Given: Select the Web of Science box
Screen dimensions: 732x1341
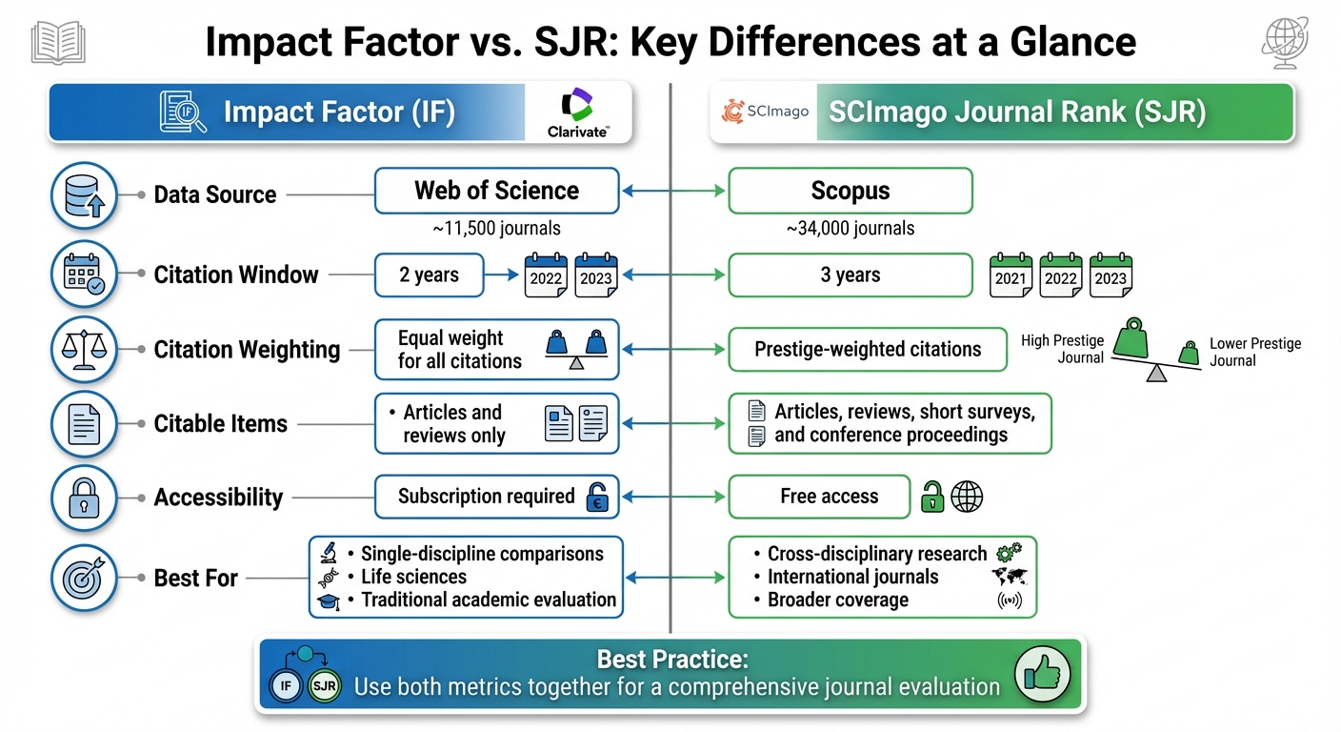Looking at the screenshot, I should [496, 191].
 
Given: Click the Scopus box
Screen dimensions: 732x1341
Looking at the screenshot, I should [850, 191].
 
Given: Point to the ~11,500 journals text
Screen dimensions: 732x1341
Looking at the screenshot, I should [496, 228].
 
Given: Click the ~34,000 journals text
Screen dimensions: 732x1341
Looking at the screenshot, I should [850, 228].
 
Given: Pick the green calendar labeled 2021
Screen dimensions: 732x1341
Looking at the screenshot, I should [1011, 274].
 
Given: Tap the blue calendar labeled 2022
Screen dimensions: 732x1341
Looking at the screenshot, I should [547, 274].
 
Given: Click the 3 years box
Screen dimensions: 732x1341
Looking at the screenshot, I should [850, 275].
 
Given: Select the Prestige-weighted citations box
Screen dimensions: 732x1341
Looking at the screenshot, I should [867, 350].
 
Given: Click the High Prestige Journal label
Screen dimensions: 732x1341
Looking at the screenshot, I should [1062, 350].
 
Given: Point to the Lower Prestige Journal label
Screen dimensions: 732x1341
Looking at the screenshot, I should [1254, 352].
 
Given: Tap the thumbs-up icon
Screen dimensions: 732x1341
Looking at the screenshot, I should [1042, 674].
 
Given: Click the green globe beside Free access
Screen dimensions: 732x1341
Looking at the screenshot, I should [967, 497].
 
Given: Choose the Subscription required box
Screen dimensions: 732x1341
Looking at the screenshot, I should [496, 497].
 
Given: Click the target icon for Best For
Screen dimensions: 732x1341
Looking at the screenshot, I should [84, 578].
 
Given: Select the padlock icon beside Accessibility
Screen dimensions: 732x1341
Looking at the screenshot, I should [84, 498].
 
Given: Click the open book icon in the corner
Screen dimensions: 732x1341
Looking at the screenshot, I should [58, 43].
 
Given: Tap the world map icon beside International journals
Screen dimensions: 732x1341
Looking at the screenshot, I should [1009, 577].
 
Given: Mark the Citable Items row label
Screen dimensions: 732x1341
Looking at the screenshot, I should [220, 423].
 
